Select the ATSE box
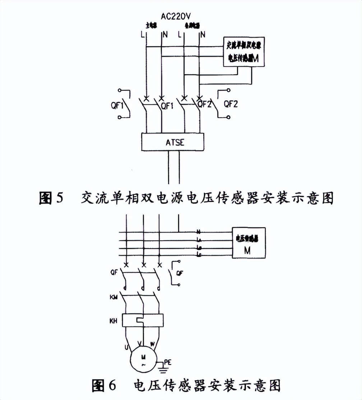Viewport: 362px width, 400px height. coord(172,142)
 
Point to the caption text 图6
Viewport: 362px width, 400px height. coord(104,386)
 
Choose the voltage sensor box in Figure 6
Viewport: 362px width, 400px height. coord(249,242)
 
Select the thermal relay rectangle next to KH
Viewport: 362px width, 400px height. coord(143,320)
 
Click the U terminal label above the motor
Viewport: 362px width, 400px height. coord(125,347)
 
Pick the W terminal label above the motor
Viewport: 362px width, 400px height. coord(152,345)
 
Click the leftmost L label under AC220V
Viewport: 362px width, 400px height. coord(143,35)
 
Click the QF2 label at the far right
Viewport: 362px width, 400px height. coord(231,104)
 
